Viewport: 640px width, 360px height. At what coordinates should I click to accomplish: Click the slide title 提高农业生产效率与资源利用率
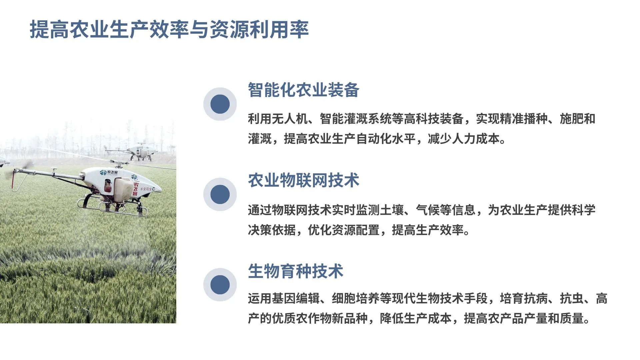tap(169, 29)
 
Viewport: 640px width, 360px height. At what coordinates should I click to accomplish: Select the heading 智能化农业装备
tap(303, 90)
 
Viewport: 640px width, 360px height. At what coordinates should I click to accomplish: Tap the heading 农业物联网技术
tap(303, 180)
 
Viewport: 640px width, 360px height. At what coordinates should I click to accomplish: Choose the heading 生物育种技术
tap(295, 271)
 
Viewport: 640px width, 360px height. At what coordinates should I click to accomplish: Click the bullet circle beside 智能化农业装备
tap(220, 104)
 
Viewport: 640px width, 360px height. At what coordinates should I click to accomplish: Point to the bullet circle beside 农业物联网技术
tap(220, 194)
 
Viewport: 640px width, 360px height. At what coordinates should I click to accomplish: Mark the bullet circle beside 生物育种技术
tap(220, 285)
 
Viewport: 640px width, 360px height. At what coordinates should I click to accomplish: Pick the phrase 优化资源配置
tap(343, 230)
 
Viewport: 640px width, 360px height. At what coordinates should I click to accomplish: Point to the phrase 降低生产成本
tap(415, 318)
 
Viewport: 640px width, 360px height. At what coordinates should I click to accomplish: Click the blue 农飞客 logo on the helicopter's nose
tap(109, 172)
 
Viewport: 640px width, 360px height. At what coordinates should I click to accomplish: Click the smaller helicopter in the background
tap(143, 152)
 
